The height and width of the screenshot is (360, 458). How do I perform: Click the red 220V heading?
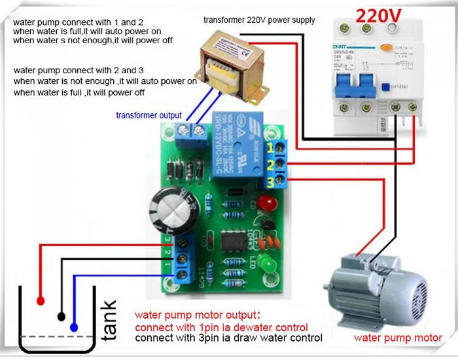pyautogui.click(x=373, y=14)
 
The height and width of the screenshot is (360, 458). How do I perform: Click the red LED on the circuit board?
pyautogui.click(x=265, y=204)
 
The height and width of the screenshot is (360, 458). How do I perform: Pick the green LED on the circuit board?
pyautogui.click(x=268, y=266)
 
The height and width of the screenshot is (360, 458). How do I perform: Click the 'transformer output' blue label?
pyautogui.click(x=149, y=115)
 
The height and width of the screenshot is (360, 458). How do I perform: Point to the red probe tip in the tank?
pyautogui.click(x=41, y=300)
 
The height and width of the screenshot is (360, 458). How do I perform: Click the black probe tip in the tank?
pyautogui.click(x=62, y=317)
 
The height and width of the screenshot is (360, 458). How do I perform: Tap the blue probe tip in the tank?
pyautogui.click(x=74, y=326)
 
